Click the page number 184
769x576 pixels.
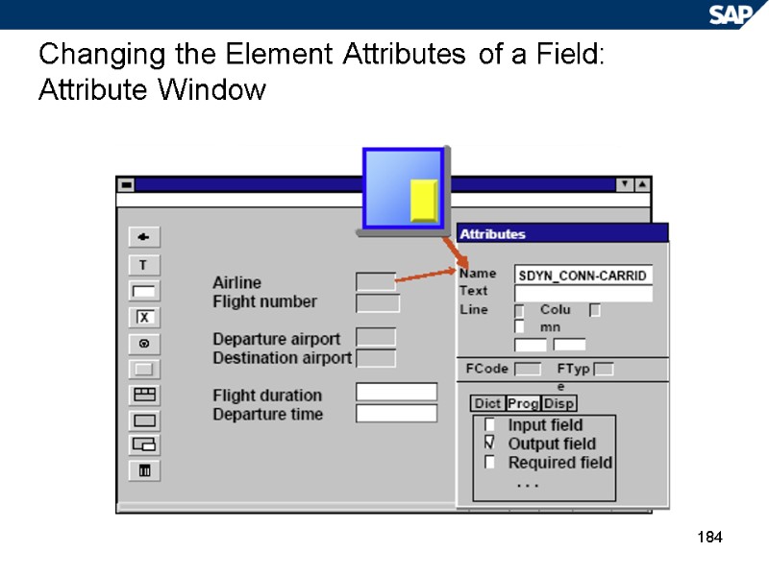pyautogui.click(x=708, y=536)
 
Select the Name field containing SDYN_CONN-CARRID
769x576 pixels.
pyautogui.click(x=583, y=276)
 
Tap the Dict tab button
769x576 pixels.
pyautogui.click(x=487, y=404)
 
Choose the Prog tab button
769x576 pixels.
pyautogui.click(x=523, y=404)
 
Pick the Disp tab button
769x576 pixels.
pyautogui.click(x=559, y=404)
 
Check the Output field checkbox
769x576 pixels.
pyautogui.click(x=490, y=444)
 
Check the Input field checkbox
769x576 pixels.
pyautogui.click(x=490, y=424)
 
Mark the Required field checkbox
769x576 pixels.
pyautogui.click(x=490, y=463)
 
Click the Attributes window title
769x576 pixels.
pyautogui.click(x=493, y=234)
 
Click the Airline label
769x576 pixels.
pyautogui.click(x=236, y=282)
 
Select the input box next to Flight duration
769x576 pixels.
pyautogui.click(x=396, y=393)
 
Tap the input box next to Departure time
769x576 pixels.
pyautogui.click(x=396, y=414)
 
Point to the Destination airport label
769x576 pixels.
pyautogui.click(x=282, y=358)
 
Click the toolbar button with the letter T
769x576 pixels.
pyautogui.click(x=144, y=265)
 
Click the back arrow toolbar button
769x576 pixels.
pyautogui.click(x=144, y=237)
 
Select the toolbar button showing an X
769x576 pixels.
pyautogui.click(x=144, y=318)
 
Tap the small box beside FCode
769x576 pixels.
pyautogui.click(x=527, y=369)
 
